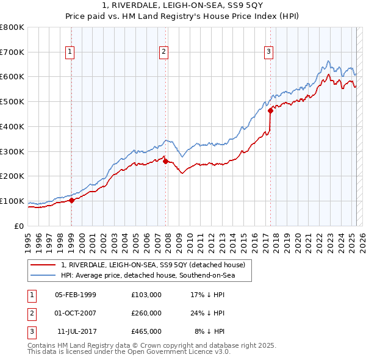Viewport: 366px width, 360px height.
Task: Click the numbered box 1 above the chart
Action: (x=71, y=52)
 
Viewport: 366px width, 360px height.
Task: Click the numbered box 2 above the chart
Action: (x=164, y=52)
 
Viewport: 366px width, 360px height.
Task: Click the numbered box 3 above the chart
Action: (x=268, y=52)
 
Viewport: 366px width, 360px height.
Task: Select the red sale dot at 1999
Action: (x=71, y=200)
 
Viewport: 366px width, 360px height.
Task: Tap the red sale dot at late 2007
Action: (x=165, y=161)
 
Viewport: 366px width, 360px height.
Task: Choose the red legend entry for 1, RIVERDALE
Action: (x=152, y=265)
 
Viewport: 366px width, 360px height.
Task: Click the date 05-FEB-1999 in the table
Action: (x=76, y=295)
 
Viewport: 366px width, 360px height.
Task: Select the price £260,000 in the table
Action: (x=146, y=313)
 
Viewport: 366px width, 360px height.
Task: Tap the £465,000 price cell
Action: (x=146, y=331)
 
